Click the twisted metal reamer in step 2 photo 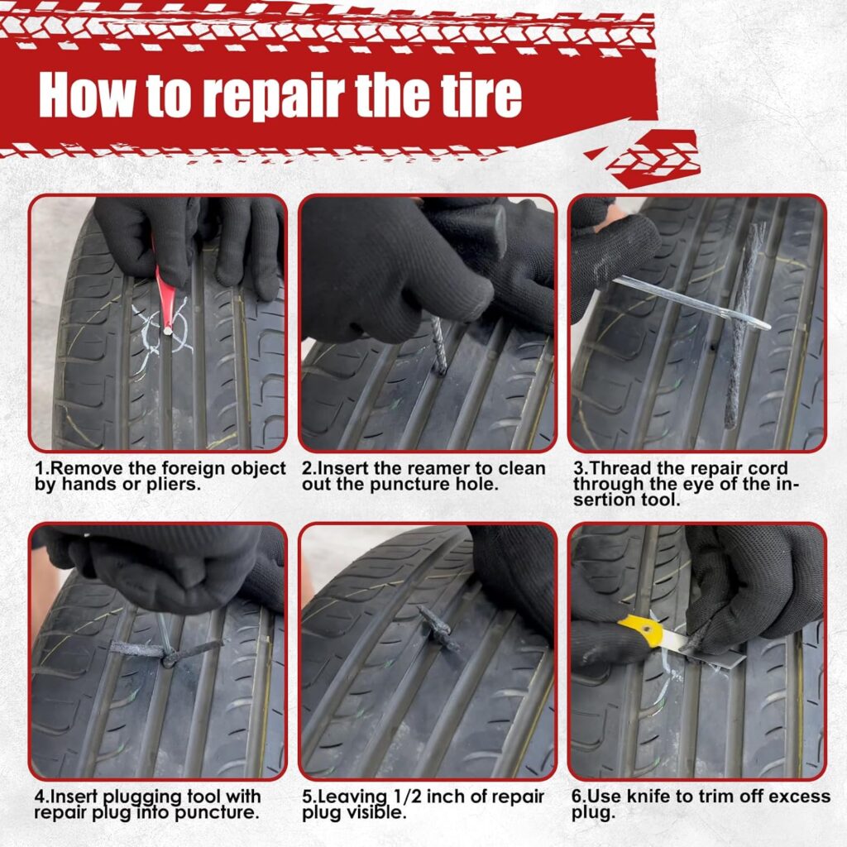(x=438, y=344)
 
